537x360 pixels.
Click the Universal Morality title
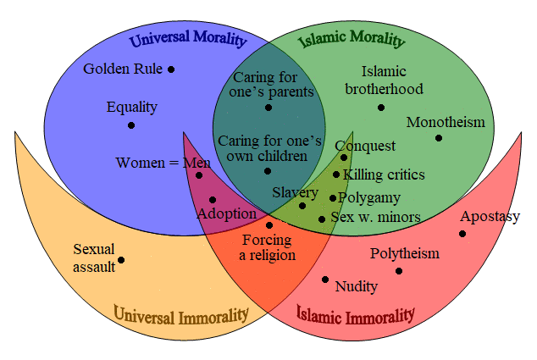click(188, 39)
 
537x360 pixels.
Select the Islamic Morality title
click(352, 39)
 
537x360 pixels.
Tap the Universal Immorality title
click(180, 315)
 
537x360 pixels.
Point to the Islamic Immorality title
click(355, 315)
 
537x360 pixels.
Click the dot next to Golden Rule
click(171, 69)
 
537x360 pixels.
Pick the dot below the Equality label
click(131, 125)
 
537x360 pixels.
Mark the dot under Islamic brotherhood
click(381, 108)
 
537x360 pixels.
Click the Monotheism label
click(446, 122)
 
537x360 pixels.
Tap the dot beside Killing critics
click(336, 174)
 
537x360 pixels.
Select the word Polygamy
click(369, 198)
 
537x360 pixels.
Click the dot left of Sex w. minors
click(322, 219)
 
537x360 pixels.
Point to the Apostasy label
click(490, 217)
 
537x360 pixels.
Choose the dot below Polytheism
click(399, 271)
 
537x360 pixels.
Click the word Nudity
click(357, 286)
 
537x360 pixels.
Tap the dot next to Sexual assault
click(121, 260)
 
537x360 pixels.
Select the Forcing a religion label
click(267, 247)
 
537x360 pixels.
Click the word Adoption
click(227, 214)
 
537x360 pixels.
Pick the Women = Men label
click(163, 163)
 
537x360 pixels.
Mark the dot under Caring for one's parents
click(268, 108)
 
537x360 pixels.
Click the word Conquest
click(365, 147)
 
